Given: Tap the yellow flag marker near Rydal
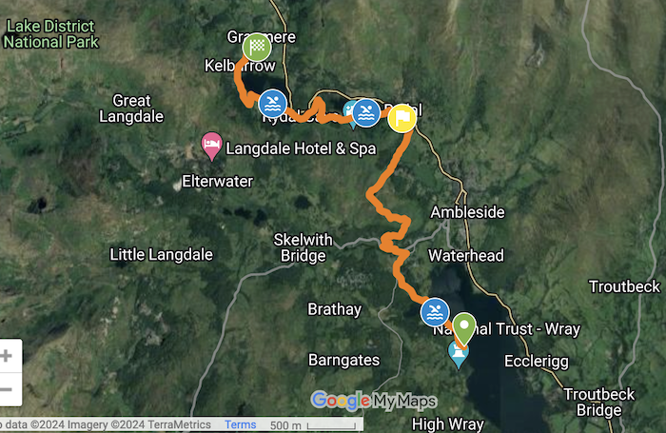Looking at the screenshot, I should pos(402,117).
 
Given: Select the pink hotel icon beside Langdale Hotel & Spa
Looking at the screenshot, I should pos(212,146).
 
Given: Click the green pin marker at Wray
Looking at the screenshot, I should pos(464,325).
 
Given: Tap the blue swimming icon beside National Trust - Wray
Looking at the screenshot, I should pos(435,311).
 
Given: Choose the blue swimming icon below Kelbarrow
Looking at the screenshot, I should pos(273,102).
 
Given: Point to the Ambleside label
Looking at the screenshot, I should pos(467,212).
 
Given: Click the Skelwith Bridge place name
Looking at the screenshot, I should pos(300,246).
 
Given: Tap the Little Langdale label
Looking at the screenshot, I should pos(161,254).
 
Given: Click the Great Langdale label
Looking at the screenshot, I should pos(131,108).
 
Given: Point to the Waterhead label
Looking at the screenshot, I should pos(465,256).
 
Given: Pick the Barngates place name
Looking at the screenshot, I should pos(344,360).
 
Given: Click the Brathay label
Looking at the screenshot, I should pos(334,309).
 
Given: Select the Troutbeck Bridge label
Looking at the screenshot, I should pos(591,402).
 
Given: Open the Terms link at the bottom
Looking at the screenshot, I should pos(240,425).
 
